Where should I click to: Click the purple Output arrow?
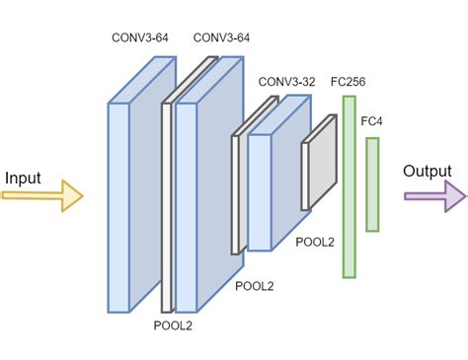coord(434,195)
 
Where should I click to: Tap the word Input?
coord(24,178)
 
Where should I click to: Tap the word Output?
coord(427,172)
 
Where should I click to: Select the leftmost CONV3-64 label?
coord(141,38)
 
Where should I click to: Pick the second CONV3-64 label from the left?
coord(221,38)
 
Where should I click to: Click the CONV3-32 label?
coord(286,82)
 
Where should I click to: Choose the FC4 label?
coord(372,120)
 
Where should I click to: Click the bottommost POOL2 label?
coord(175,324)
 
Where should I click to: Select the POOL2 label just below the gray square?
coord(315,241)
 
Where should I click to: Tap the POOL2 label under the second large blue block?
coord(254,286)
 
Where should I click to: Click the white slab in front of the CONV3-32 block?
coord(237,192)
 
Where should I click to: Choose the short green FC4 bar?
coord(372,184)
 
